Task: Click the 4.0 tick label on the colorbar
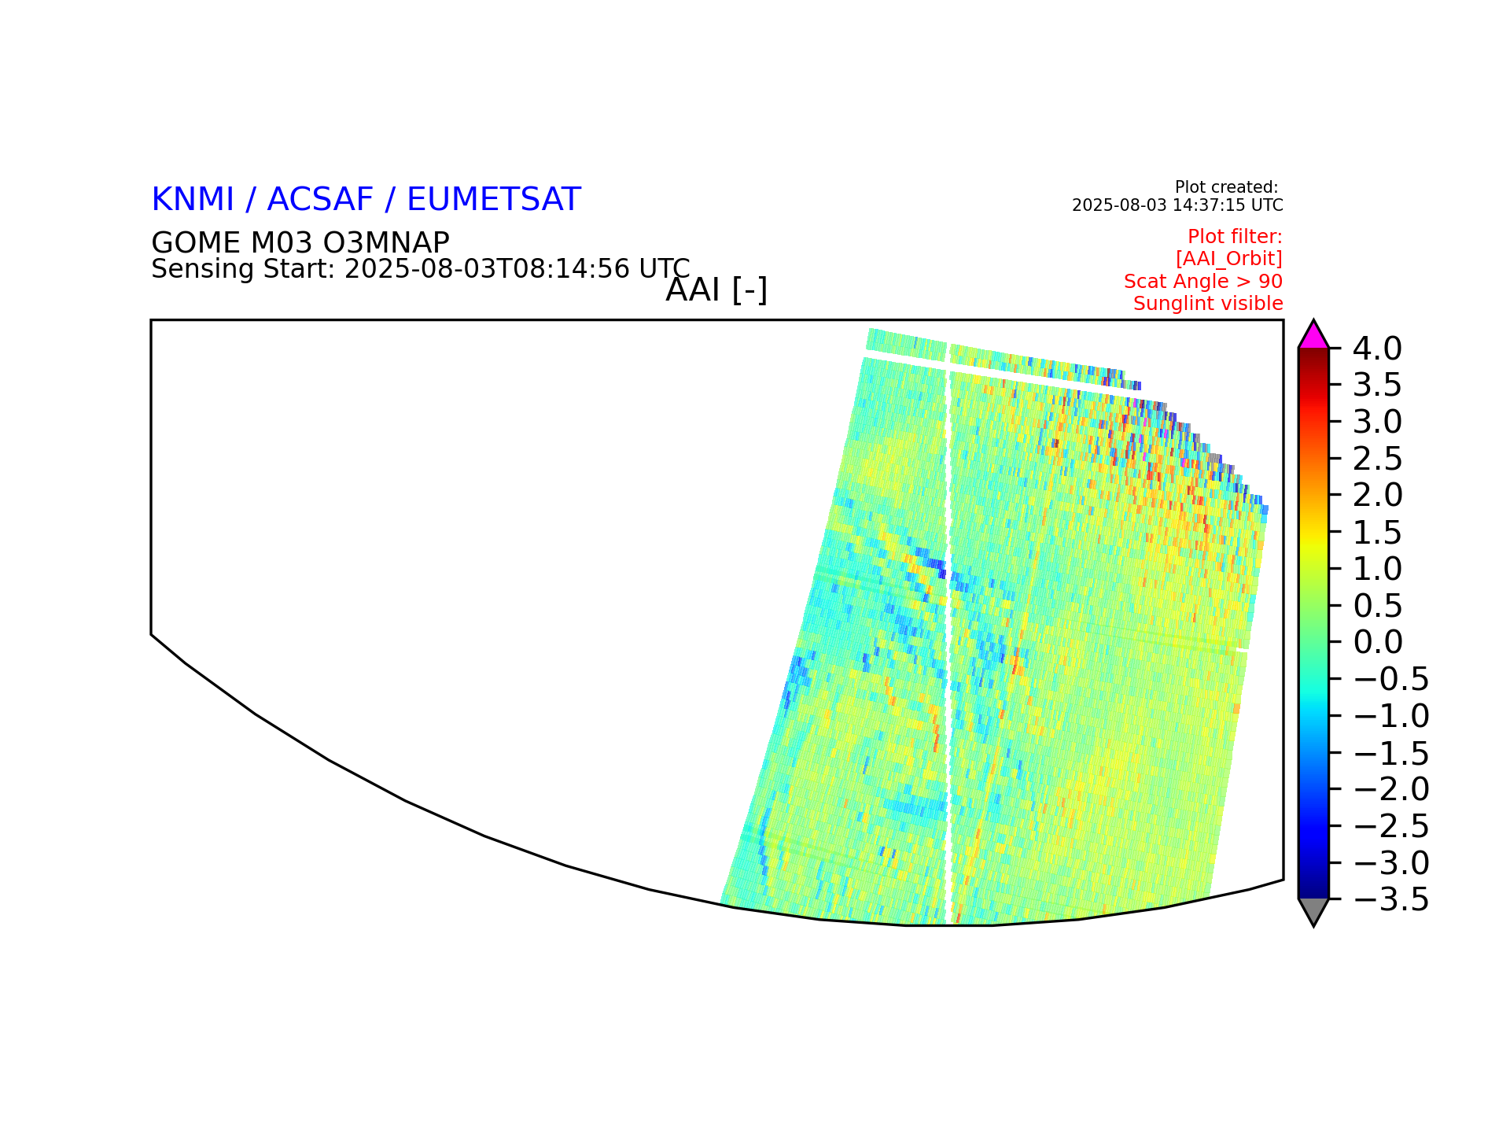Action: click(1377, 348)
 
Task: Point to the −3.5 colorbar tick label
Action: click(1390, 900)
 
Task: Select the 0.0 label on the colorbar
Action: click(1377, 642)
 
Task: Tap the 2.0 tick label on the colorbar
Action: click(1377, 495)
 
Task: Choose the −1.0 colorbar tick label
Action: click(1390, 716)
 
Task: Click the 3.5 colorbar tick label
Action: click(1377, 385)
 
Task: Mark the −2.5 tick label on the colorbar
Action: click(1390, 826)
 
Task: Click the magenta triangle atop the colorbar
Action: click(1313, 337)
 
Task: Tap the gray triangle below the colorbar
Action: click(1313, 910)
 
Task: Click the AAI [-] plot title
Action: click(716, 290)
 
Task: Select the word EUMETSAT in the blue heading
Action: click(494, 200)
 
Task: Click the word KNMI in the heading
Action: click(193, 200)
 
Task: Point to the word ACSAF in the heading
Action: click(320, 200)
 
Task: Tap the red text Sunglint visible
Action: click(1208, 304)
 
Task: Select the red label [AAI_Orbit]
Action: click(1229, 259)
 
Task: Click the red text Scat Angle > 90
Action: click(1203, 282)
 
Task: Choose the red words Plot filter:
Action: click(1235, 237)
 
